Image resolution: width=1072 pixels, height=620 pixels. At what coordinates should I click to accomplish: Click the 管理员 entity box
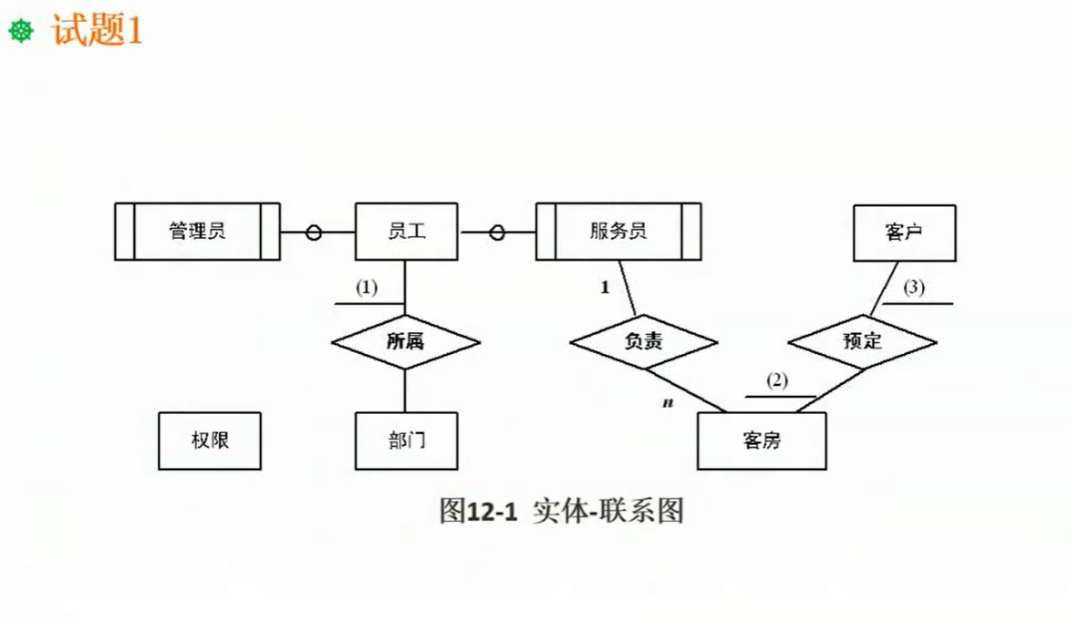197,231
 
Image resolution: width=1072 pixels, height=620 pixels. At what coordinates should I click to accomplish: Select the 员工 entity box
406,231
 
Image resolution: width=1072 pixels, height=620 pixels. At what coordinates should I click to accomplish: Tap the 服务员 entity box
618,231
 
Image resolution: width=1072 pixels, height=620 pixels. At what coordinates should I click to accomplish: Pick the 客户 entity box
903,231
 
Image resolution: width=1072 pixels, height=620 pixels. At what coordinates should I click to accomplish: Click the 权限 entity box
210,441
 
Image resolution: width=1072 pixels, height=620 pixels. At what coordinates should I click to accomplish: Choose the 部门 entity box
406,441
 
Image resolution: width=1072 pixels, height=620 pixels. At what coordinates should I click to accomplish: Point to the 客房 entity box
761,441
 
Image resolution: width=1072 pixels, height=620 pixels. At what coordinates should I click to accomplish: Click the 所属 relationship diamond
405,341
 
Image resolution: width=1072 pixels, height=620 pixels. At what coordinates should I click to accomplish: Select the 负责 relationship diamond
644,341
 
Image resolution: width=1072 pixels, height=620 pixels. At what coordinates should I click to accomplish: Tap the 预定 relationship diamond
862,341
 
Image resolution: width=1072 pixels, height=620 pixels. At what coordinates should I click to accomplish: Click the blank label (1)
365,288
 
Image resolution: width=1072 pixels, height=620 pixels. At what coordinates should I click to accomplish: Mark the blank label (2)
777,380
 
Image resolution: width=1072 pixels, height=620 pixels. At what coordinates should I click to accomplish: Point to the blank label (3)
914,288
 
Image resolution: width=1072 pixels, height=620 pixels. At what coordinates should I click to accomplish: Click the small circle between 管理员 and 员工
313,232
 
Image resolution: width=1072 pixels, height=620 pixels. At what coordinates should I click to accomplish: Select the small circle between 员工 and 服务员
497,232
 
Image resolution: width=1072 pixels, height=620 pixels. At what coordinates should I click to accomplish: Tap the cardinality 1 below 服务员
604,288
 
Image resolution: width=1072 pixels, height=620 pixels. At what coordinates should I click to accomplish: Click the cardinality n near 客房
667,401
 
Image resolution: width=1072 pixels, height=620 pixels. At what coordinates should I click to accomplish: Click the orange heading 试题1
97,32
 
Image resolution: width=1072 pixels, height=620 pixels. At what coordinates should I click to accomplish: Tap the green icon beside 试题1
21,33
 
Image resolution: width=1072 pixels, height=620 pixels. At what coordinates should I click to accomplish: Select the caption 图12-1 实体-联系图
561,511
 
